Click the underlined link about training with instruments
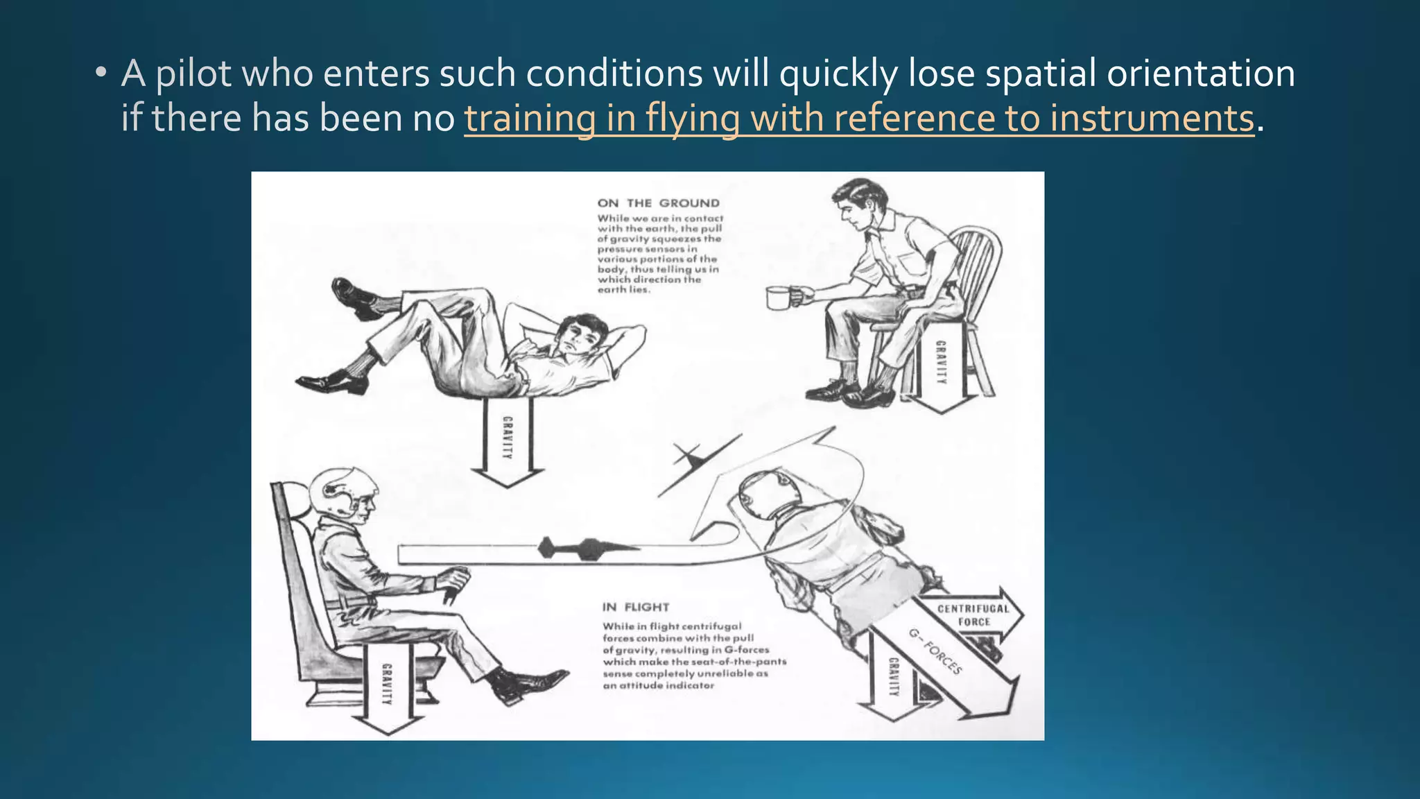(858, 118)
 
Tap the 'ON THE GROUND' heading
(658, 203)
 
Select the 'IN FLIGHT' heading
(635, 608)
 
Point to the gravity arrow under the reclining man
(507, 441)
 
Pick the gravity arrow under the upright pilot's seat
(387, 687)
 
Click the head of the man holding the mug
(855, 201)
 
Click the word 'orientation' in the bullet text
(1200, 74)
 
